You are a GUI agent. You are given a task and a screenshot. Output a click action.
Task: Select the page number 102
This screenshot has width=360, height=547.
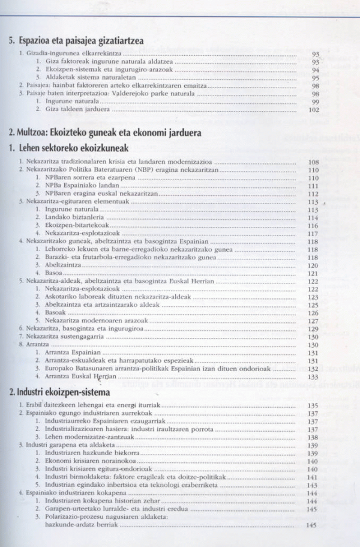(313, 110)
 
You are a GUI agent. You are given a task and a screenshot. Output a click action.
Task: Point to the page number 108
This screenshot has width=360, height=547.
(313, 162)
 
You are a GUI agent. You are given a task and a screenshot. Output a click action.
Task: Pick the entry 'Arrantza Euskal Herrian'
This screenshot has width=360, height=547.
(77, 376)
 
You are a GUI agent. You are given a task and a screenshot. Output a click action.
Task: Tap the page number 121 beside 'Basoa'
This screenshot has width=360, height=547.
(313, 273)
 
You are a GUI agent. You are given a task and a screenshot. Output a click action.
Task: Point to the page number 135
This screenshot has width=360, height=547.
(313, 406)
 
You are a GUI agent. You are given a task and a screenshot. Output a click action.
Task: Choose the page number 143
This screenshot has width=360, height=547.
(313, 485)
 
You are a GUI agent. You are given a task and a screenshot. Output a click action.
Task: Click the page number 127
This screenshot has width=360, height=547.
(313, 321)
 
